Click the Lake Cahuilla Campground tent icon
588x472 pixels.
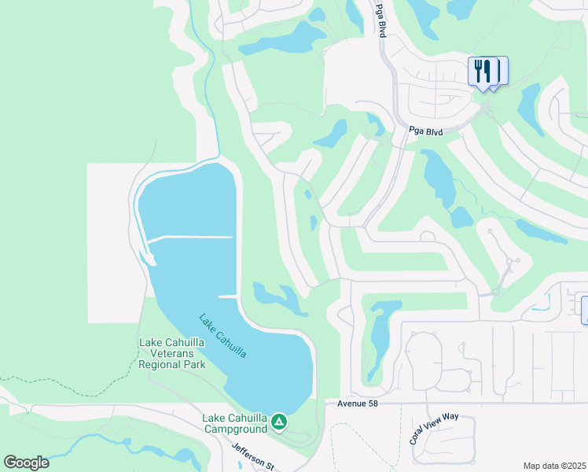[x=278, y=423]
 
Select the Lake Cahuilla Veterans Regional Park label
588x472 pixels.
[x=172, y=353]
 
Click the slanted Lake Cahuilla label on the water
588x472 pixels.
[x=222, y=337]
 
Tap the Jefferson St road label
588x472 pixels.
[x=253, y=455]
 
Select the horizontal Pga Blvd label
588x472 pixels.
[x=426, y=132]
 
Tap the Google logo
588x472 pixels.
[x=26, y=463]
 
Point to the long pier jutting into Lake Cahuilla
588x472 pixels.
[x=189, y=238]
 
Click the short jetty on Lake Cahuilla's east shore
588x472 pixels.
[x=227, y=296]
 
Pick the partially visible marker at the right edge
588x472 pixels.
[x=584, y=309]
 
